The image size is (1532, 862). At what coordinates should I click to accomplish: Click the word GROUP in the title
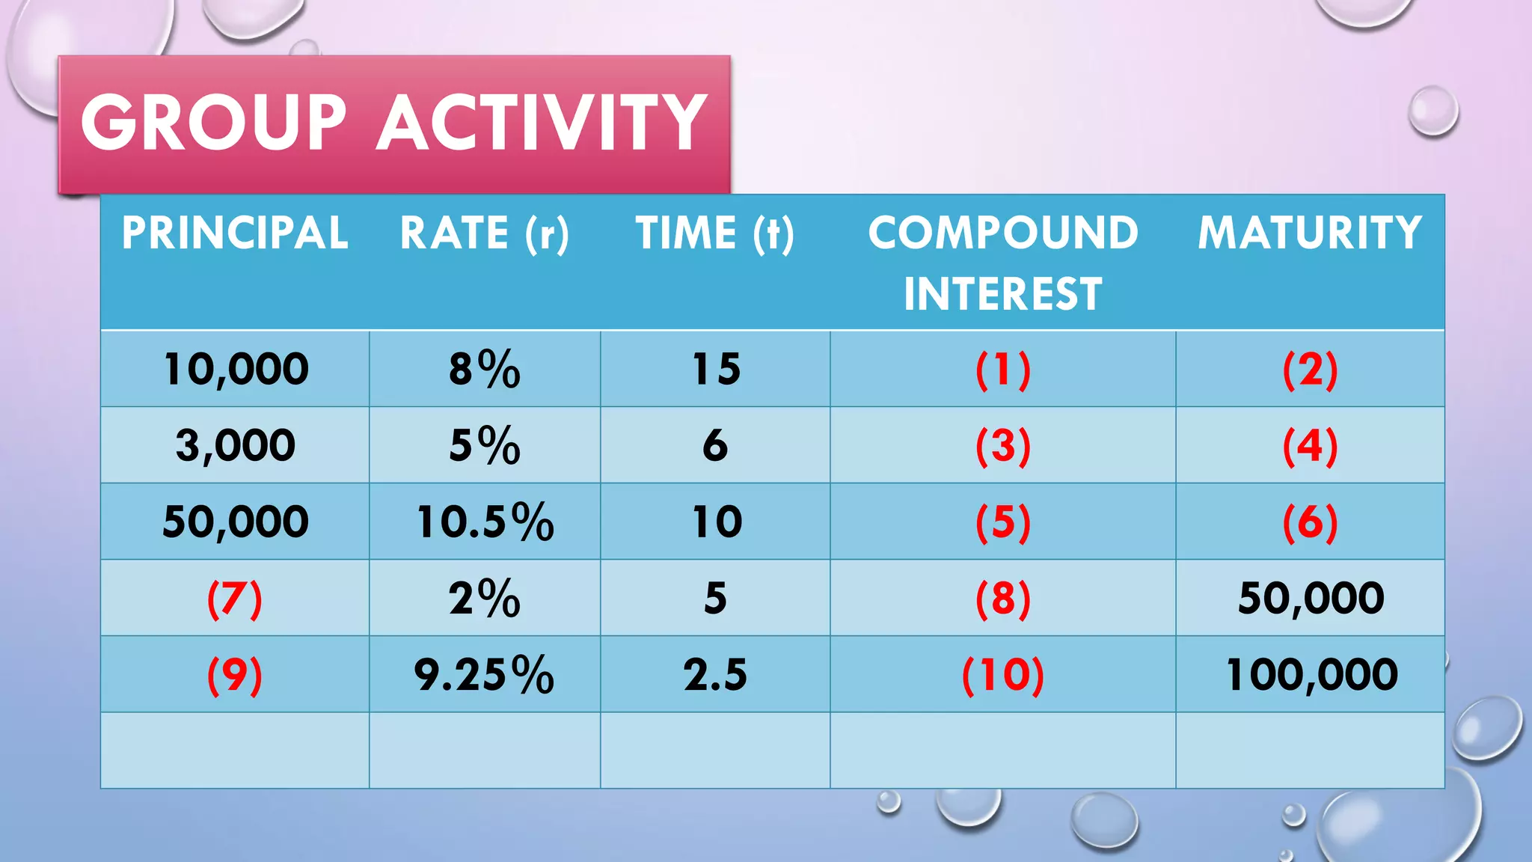[x=214, y=123]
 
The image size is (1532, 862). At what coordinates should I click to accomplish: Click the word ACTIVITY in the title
[x=542, y=123]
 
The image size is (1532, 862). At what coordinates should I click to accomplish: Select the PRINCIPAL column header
[x=235, y=233]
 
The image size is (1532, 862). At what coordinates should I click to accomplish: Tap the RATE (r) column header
[x=485, y=233]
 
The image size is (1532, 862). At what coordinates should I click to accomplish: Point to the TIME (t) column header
[x=715, y=233]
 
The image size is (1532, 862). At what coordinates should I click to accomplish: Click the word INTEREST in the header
[x=1003, y=293]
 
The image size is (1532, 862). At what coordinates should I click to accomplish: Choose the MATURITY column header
[x=1310, y=233]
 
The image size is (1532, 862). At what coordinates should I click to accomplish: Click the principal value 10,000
[x=235, y=369]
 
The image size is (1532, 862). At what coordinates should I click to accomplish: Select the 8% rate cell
[x=485, y=369]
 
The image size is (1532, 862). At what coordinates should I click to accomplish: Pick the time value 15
[x=716, y=369]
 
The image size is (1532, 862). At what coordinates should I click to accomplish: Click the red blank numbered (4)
[x=1310, y=446]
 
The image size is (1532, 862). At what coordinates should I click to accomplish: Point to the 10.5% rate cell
[x=485, y=522]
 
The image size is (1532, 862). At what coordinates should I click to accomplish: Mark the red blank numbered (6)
[x=1310, y=522]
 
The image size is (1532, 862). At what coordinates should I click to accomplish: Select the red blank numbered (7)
[x=235, y=599]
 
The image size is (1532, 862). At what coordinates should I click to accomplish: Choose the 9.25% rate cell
[x=484, y=674]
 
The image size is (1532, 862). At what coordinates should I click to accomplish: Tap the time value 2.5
[x=715, y=674]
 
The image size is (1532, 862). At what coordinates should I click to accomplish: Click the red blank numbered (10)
[x=1003, y=675]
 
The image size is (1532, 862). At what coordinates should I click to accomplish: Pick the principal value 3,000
[x=235, y=445]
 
